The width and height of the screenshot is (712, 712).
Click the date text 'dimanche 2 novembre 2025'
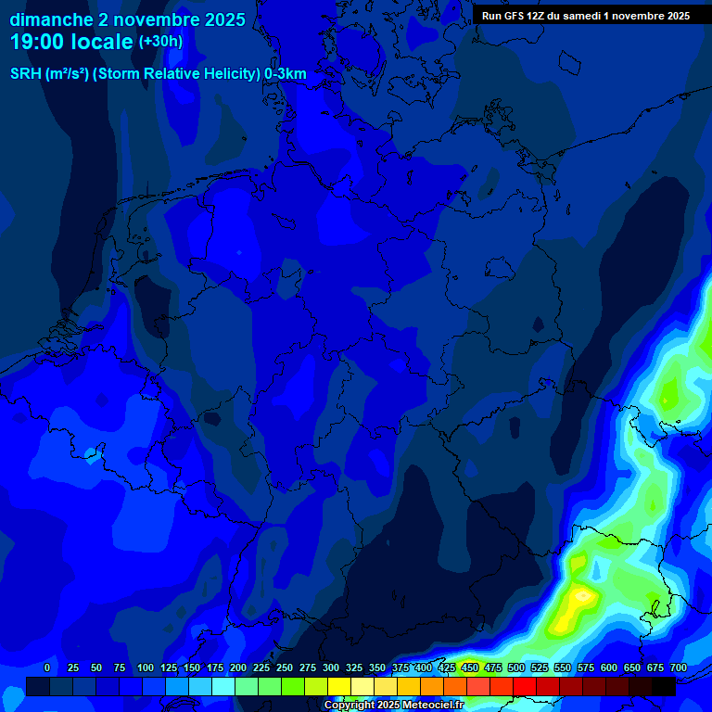pos(127,19)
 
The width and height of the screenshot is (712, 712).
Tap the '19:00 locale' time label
pos(71,42)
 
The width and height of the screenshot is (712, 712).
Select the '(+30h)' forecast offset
pos(160,42)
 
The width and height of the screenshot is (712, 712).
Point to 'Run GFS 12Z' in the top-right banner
pos(513,16)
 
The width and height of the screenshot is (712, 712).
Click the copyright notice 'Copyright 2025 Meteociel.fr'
pos(394,706)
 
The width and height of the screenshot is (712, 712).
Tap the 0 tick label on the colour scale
pos(47,668)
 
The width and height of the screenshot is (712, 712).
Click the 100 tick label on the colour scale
pos(145,668)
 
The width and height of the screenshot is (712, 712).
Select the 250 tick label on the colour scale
pos(284,668)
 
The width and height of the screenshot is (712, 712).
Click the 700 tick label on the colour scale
pos(678,668)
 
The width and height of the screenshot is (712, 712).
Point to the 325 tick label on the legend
pos(353,668)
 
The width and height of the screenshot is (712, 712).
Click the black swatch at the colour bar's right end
pos(664,687)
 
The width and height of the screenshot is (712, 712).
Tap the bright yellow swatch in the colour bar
pos(339,687)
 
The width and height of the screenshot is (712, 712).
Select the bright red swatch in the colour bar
pos(525,687)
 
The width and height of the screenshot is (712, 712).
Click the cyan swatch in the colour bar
pos(223,687)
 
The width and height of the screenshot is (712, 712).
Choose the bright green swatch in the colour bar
pos(293,687)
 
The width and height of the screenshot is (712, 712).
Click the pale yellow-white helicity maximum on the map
pos(583,593)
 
